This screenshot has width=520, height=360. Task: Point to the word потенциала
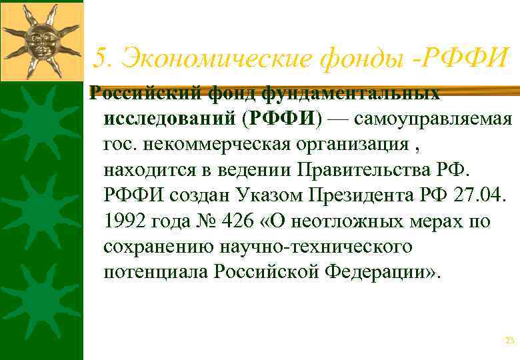click(156, 271)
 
